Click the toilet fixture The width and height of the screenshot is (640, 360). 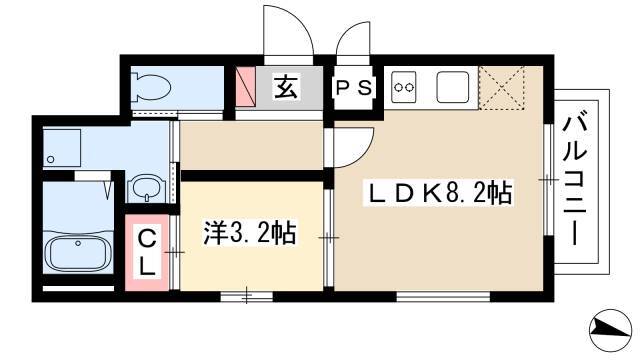(x=151, y=87)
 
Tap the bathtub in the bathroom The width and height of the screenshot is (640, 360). (x=78, y=253)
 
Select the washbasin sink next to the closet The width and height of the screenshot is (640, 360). (x=146, y=188)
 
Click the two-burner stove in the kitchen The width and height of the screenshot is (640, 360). (x=404, y=87)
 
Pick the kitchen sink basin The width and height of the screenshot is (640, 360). (x=453, y=87)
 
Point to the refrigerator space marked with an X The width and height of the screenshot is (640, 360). (x=501, y=87)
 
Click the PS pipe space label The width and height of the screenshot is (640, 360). (x=353, y=87)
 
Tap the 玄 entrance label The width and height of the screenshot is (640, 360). (x=285, y=87)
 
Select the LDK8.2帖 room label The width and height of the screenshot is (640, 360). (x=440, y=193)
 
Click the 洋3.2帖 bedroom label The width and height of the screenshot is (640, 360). (x=250, y=233)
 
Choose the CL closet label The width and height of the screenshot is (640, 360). (x=147, y=252)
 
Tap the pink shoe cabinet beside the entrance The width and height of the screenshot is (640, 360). (x=246, y=87)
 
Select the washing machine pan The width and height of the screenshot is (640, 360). (x=62, y=147)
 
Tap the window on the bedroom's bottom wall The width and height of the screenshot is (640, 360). (x=247, y=296)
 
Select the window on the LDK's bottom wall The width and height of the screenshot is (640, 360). (x=443, y=296)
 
